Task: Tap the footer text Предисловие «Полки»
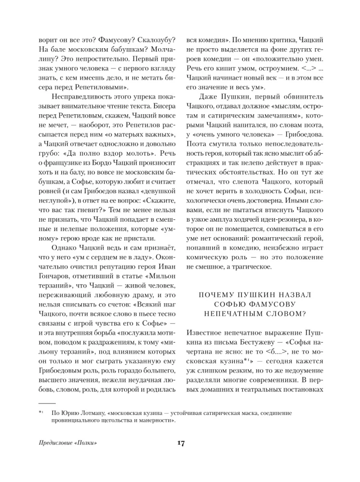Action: tap(65, 444)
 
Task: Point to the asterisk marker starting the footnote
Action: tap(40, 413)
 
